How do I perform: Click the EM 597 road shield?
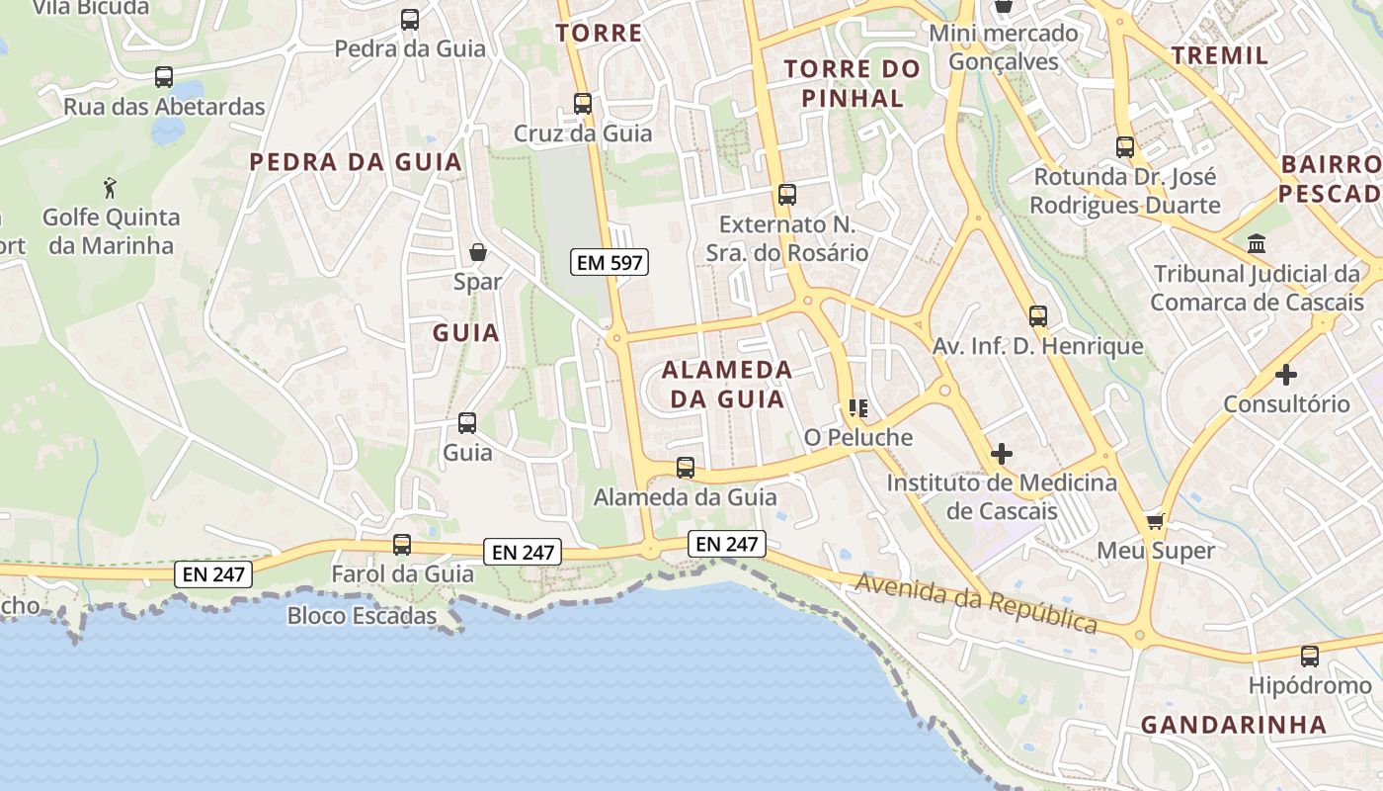pyautogui.click(x=610, y=263)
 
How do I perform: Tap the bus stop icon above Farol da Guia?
pyautogui.click(x=402, y=544)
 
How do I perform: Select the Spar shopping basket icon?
pyautogui.click(x=478, y=252)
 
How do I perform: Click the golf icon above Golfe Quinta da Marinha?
pyautogui.click(x=110, y=187)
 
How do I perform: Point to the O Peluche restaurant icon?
pyautogui.click(x=857, y=407)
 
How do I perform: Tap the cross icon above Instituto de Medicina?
pyautogui.click(x=1002, y=454)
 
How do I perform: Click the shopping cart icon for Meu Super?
pyautogui.click(x=1155, y=521)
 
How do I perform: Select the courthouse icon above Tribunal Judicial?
pyautogui.click(x=1257, y=243)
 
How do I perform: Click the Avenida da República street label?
pyautogui.click(x=976, y=602)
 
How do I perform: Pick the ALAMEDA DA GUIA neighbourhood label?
pyautogui.click(x=727, y=385)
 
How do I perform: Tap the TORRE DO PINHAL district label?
pyautogui.click(x=852, y=83)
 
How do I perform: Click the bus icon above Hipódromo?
pyautogui.click(x=1310, y=656)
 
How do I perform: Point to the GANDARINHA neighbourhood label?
pyautogui.click(x=1234, y=725)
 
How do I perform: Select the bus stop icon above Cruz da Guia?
pyautogui.click(x=583, y=103)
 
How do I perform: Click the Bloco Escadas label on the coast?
pyautogui.click(x=362, y=616)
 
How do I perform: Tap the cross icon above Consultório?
pyautogui.click(x=1286, y=375)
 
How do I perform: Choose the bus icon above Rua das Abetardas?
pyautogui.click(x=164, y=76)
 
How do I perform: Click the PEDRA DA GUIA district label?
pyautogui.click(x=356, y=162)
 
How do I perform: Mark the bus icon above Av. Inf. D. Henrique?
pyautogui.click(x=1038, y=316)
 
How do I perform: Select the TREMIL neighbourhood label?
pyautogui.click(x=1220, y=55)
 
